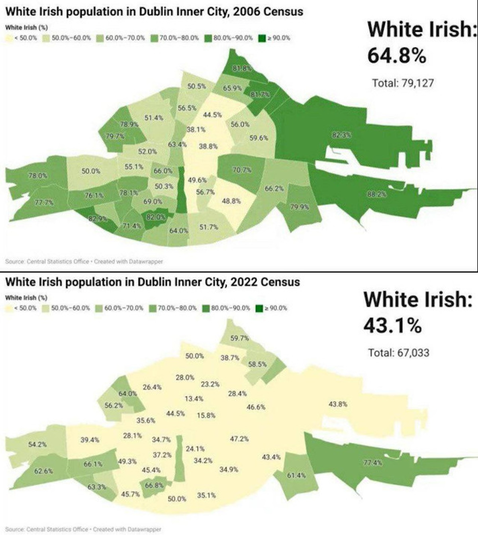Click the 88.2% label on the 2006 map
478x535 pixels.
pyautogui.click(x=376, y=194)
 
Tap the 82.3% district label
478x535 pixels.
pyautogui.click(x=342, y=135)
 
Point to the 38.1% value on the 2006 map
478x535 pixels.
pyautogui.click(x=196, y=129)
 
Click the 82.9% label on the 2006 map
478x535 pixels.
pyautogui.click(x=98, y=219)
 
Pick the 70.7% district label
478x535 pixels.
pyautogui.click(x=241, y=170)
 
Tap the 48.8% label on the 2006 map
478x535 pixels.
pyautogui.click(x=231, y=201)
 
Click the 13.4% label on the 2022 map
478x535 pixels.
pyautogui.click(x=194, y=398)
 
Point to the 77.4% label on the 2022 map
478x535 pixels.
pyautogui.click(x=373, y=463)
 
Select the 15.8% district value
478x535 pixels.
pyautogui.click(x=206, y=415)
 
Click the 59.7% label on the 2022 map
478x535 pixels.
pyautogui.click(x=240, y=339)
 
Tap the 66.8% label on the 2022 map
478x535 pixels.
pyautogui.click(x=154, y=485)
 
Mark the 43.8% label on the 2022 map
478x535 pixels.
pyautogui.click(x=338, y=404)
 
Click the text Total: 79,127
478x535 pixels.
pyautogui.click(x=403, y=83)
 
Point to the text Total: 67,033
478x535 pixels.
pyautogui.click(x=399, y=353)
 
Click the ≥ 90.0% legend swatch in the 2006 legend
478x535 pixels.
pyautogui.click(x=262, y=38)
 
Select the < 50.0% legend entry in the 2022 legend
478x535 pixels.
pyautogui.click(x=21, y=308)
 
